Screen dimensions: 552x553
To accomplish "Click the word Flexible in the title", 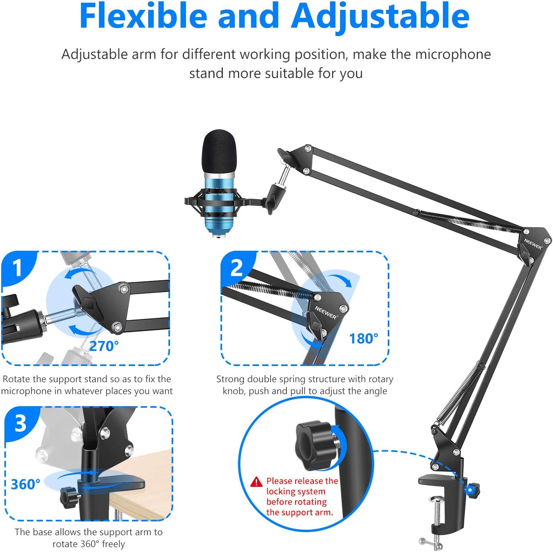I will (143, 16).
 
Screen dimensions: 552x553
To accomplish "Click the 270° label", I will (104, 346).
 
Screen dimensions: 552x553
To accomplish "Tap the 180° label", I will (364, 339).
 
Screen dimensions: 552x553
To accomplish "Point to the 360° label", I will (25, 484).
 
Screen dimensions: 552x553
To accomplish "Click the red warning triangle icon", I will (257, 482).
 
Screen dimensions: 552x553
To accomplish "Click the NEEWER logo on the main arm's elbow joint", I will (532, 244).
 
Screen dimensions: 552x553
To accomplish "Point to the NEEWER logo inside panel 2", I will (326, 312).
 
